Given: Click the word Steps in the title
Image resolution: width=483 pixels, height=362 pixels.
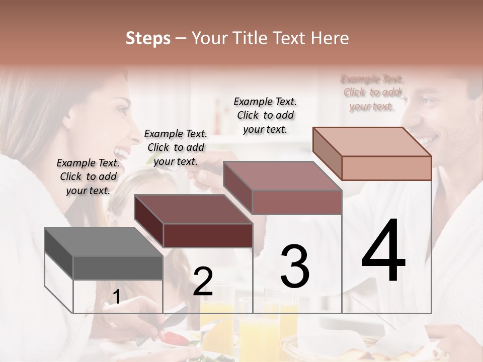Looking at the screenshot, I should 148,38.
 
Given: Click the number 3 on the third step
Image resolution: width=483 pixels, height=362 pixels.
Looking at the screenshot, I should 295,266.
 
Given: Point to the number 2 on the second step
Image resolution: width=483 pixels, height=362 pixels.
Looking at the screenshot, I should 203,281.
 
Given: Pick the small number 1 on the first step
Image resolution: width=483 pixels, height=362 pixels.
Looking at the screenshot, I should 116,297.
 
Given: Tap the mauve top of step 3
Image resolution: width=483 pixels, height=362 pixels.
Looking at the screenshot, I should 282,176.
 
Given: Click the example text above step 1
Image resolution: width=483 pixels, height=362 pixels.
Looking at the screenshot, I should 88,176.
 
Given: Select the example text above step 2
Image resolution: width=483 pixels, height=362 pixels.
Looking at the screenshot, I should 176,147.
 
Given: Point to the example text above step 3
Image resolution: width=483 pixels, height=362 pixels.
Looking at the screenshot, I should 265,115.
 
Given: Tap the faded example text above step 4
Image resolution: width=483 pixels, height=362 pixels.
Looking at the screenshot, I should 372,93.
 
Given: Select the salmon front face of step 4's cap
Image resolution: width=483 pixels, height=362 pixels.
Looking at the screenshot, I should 386,168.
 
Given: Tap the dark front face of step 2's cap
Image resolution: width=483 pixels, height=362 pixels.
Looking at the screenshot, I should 208,235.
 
